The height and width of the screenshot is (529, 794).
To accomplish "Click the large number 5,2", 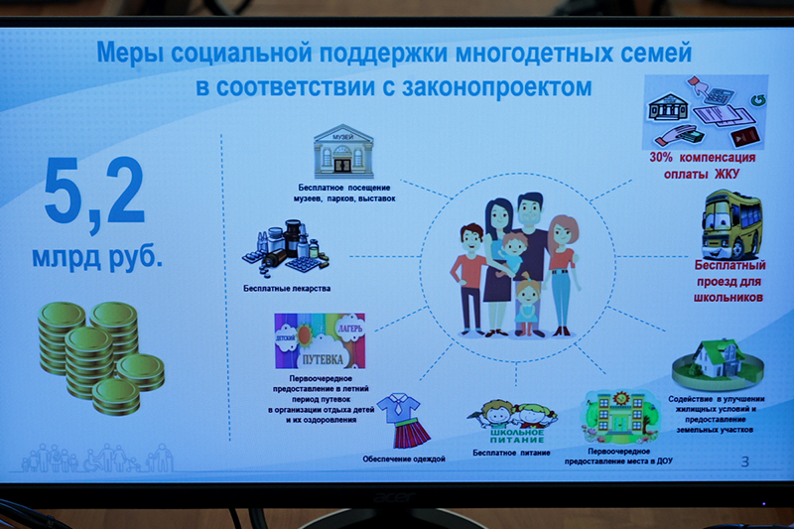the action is pyautogui.click(x=94, y=193).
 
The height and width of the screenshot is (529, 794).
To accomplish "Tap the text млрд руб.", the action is pyautogui.click(x=97, y=258).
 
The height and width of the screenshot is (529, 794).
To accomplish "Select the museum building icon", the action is pyautogui.click(x=343, y=151).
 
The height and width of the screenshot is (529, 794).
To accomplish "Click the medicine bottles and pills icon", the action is pyautogui.click(x=286, y=248).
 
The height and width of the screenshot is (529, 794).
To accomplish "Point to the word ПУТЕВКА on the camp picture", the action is pyautogui.click(x=323, y=360).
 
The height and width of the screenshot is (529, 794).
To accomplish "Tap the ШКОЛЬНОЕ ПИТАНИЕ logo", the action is pyautogui.click(x=517, y=436).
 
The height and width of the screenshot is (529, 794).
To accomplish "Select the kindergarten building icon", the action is pyautogui.click(x=620, y=417).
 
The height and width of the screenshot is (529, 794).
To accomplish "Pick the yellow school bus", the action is pyautogui.click(x=732, y=224).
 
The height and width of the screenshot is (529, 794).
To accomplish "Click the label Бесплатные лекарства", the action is pyautogui.click(x=287, y=289).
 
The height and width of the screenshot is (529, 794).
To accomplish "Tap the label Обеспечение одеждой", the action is pyautogui.click(x=404, y=460).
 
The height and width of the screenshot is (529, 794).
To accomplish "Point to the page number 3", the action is pyautogui.click(x=744, y=462).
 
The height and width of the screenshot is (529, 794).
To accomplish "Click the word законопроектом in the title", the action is pyautogui.click(x=496, y=87).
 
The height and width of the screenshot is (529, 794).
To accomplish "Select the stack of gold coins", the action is pyautogui.click(x=101, y=358).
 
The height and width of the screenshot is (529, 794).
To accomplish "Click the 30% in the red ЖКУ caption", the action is pyautogui.click(x=661, y=158).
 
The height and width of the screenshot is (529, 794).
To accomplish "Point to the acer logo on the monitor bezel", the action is pyautogui.click(x=394, y=498).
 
